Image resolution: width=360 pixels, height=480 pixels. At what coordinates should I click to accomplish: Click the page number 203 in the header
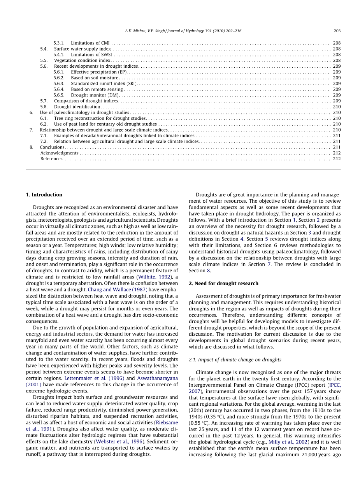pyautogui.click(x=337, y=31)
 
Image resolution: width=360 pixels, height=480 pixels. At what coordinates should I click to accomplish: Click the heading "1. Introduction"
pyautogui.click(x=44, y=194)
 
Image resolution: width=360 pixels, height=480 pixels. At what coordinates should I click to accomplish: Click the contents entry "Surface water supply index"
pyautogui.click(x=83, y=49)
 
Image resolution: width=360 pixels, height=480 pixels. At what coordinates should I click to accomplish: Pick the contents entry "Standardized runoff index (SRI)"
pyautogui.click(x=104, y=84)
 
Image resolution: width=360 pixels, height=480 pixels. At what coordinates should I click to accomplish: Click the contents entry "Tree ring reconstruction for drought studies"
pyautogui.click(x=100, y=118)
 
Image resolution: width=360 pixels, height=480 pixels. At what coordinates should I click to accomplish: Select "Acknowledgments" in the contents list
pyautogui.click(x=60, y=153)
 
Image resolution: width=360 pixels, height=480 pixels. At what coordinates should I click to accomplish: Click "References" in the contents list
pyautogui.click(x=51, y=159)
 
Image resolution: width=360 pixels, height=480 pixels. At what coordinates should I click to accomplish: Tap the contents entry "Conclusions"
pyautogui.click(x=52, y=147)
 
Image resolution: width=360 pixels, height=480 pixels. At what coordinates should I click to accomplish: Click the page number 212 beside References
pyautogui.click(x=337, y=159)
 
